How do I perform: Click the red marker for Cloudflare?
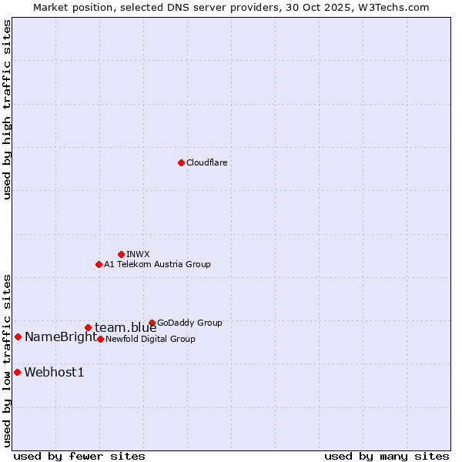tap(181, 162)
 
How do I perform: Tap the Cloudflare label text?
tap(206, 163)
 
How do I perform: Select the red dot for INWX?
tap(121, 254)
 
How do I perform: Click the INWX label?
tap(138, 255)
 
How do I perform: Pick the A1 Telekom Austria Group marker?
tap(99, 264)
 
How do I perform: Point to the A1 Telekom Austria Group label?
tap(157, 265)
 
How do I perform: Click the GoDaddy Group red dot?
tap(152, 323)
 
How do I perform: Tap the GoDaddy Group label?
tap(189, 323)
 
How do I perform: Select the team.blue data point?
tap(88, 327)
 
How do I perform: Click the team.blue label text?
tap(126, 328)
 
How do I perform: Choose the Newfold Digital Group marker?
tap(100, 339)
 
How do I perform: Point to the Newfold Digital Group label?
tap(150, 340)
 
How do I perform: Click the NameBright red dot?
tap(18, 336)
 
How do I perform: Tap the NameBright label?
tap(61, 337)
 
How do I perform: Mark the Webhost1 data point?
tap(17, 372)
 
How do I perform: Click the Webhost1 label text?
tap(54, 373)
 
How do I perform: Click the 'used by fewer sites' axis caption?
tap(79, 456)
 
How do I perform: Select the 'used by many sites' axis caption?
tap(387, 456)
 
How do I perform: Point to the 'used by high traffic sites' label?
tap(8, 110)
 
